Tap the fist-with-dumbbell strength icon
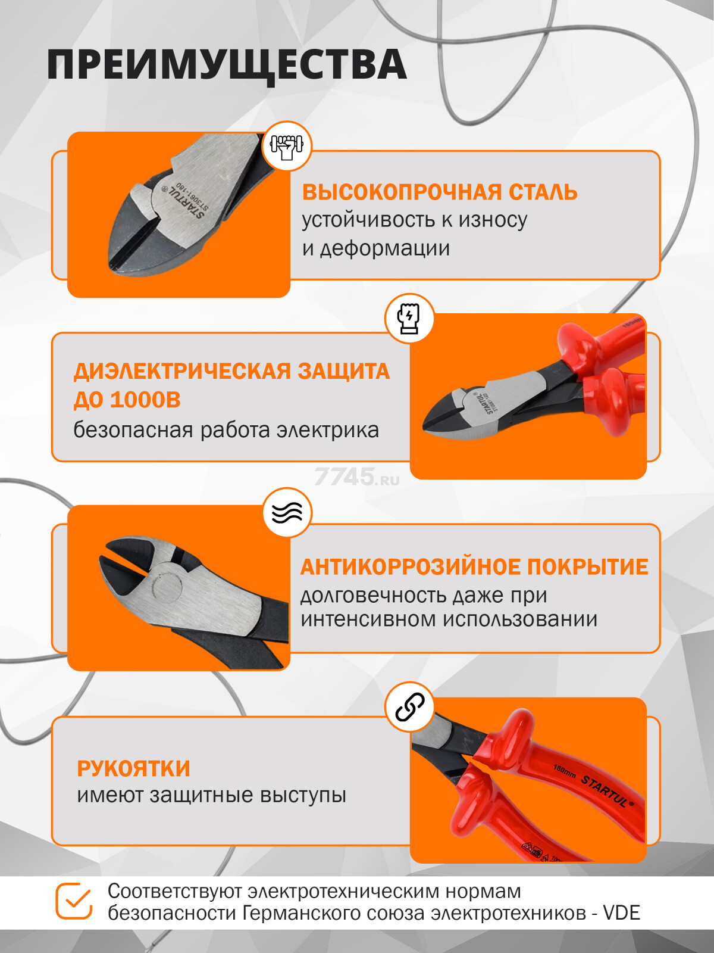coord(287,147)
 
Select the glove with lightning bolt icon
coord(409,318)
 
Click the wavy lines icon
coord(287,512)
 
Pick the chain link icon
coord(409,708)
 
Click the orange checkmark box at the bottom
coord(74,901)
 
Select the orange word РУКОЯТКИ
coord(133,768)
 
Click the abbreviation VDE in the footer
coord(621,913)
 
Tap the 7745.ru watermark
coord(356,477)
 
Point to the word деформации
coord(384,248)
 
